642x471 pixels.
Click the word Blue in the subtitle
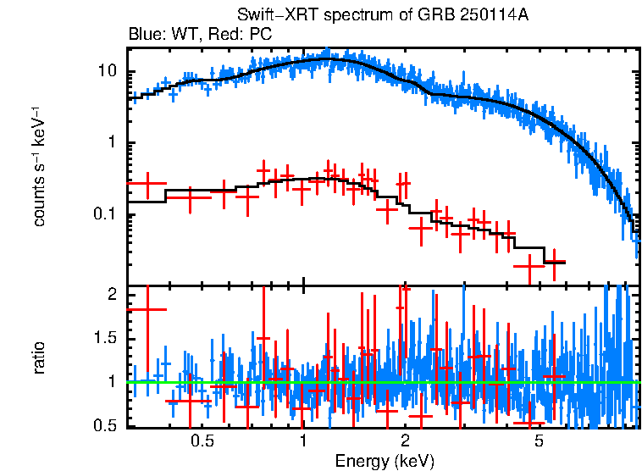143,35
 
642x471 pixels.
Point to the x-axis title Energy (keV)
384,462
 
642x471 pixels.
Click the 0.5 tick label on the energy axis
202,441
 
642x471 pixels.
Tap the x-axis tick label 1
303,441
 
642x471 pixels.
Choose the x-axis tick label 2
405,441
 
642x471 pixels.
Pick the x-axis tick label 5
540,441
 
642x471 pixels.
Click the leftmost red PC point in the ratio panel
147,309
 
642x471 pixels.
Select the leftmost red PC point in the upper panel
147,184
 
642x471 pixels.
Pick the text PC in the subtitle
259,35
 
